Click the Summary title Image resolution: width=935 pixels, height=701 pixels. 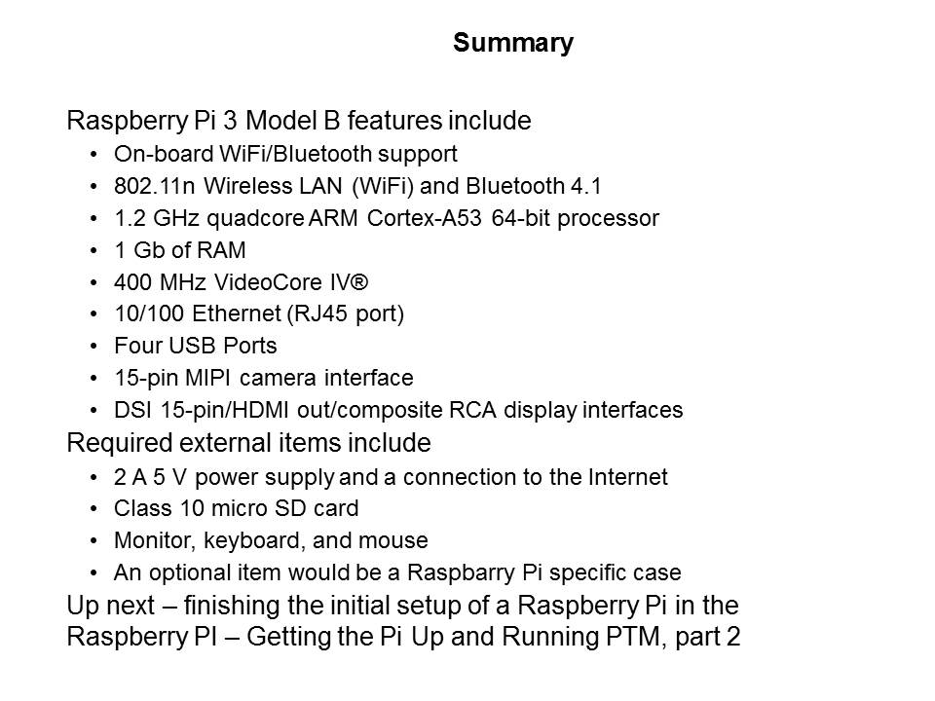tap(513, 43)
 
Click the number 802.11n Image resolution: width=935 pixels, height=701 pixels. tap(155, 186)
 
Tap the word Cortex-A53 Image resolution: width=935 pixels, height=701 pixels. tap(424, 218)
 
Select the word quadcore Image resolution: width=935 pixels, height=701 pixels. tap(255, 219)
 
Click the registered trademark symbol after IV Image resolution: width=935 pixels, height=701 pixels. tap(357, 282)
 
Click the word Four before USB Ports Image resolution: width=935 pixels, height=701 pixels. tap(138, 346)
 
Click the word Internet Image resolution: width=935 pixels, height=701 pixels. tap(628, 477)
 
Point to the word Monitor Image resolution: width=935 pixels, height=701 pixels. tap(155, 540)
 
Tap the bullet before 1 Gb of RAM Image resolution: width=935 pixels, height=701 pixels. tap(93, 250)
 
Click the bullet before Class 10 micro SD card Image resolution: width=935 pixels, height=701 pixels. tap(93, 508)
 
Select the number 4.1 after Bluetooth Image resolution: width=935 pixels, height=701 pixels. tap(585, 186)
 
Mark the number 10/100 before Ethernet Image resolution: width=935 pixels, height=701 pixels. tap(149, 314)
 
